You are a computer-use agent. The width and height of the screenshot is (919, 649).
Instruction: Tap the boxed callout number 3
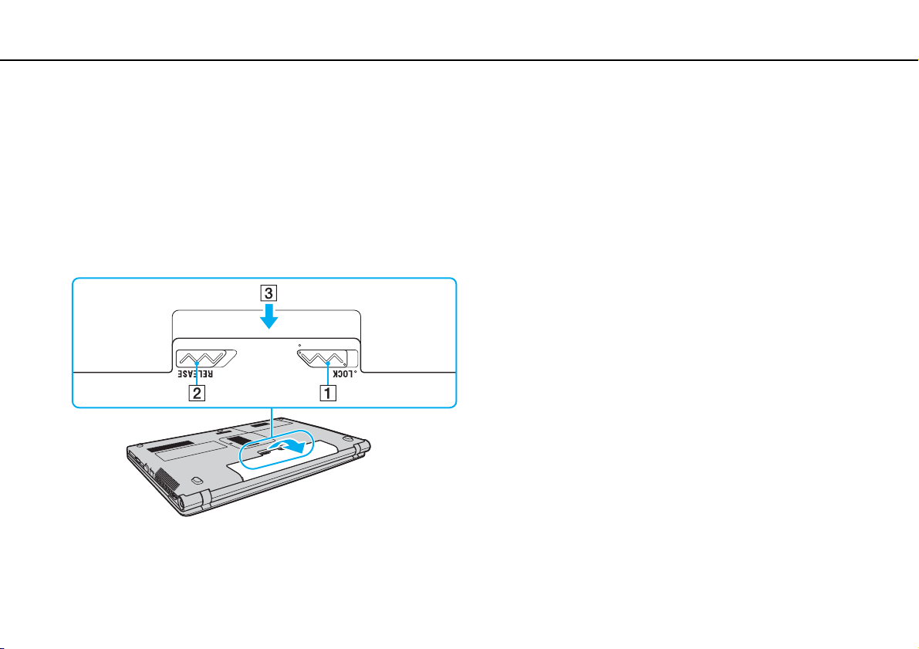[x=267, y=293]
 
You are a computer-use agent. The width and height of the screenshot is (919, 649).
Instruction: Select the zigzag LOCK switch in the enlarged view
[x=320, y=358]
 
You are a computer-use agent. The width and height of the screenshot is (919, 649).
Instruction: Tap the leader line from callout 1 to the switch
[x=329, y=375]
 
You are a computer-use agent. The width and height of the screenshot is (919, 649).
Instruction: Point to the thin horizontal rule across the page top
[x=459, y=60]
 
